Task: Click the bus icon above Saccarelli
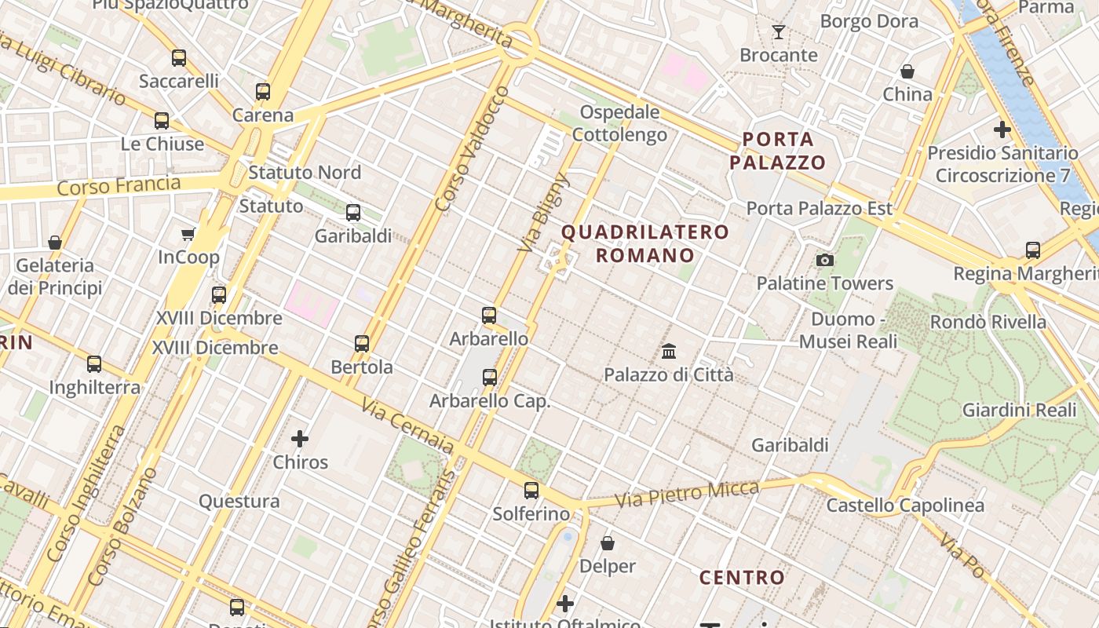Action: click(179, 57)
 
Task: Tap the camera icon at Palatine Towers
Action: click(824, 260)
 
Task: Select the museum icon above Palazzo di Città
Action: click(669, 351)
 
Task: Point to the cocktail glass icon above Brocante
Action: click(778, 32)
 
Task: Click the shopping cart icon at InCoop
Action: click(188, 234)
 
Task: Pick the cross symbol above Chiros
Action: click(300, 439)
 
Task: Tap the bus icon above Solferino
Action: click(531, 491)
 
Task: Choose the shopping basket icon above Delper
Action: click(607, 542)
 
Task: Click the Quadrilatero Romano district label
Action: click(645, 243)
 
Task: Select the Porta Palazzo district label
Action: click(778, 151)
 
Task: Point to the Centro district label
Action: click(742, 578)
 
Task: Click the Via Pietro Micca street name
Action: click(687, 494)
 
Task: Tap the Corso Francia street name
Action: click(119, 186)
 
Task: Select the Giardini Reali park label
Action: click(1019, 410)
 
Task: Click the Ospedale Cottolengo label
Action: click(619, 123)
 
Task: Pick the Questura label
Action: click(239, 501)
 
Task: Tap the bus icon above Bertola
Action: click(361, 343)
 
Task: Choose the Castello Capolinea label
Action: click(905, 506)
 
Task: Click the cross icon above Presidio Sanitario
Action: click(1002, 130)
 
